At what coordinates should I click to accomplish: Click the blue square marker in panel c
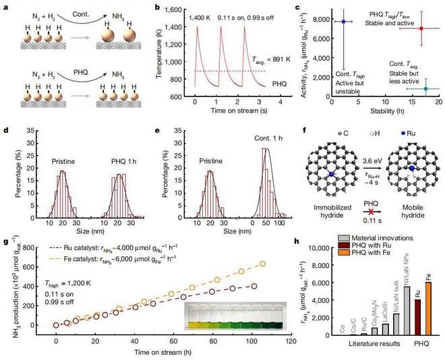(343, 22)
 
